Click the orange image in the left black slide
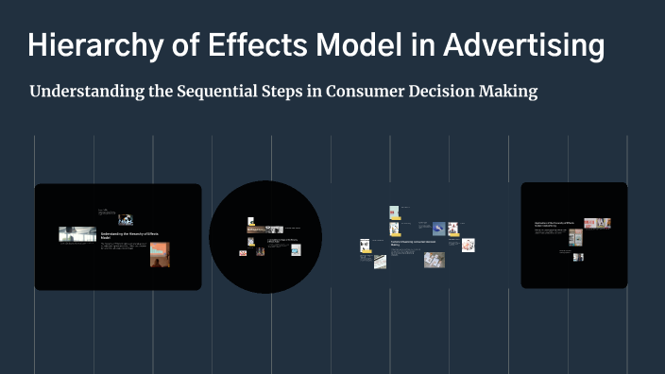pos(160,255)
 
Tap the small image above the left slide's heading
pos(126,219)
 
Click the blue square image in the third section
pos(438,229)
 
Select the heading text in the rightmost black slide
pos(554,225)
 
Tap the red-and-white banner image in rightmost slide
pos(597,223)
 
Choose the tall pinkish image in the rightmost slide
pos(575,238)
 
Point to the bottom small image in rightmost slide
pos(578,257)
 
